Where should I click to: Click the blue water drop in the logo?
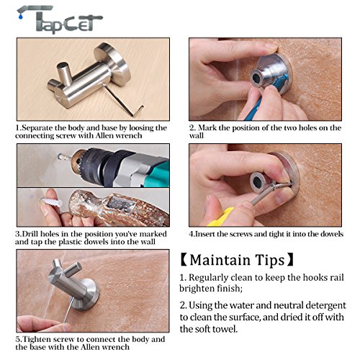(x=21, y=16)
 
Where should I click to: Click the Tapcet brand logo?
(x=60, y=19)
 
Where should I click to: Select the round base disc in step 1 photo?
(x=113, y=64)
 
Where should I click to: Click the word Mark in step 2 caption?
(x=207, y=127)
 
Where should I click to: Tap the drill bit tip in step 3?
(x=60, y=157)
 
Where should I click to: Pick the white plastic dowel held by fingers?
(x=52, y=202)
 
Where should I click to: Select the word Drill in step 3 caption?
(x=30, y=234)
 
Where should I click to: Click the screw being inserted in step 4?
(x=281, y=186)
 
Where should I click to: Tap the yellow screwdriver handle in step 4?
(x=221, y=217)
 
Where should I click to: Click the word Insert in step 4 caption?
(x=204, y=234)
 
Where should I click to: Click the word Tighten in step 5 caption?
(x=37, y=340)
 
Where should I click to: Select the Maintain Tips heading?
(x=237, y=260)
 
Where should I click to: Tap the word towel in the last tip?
(x=226, y=329)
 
